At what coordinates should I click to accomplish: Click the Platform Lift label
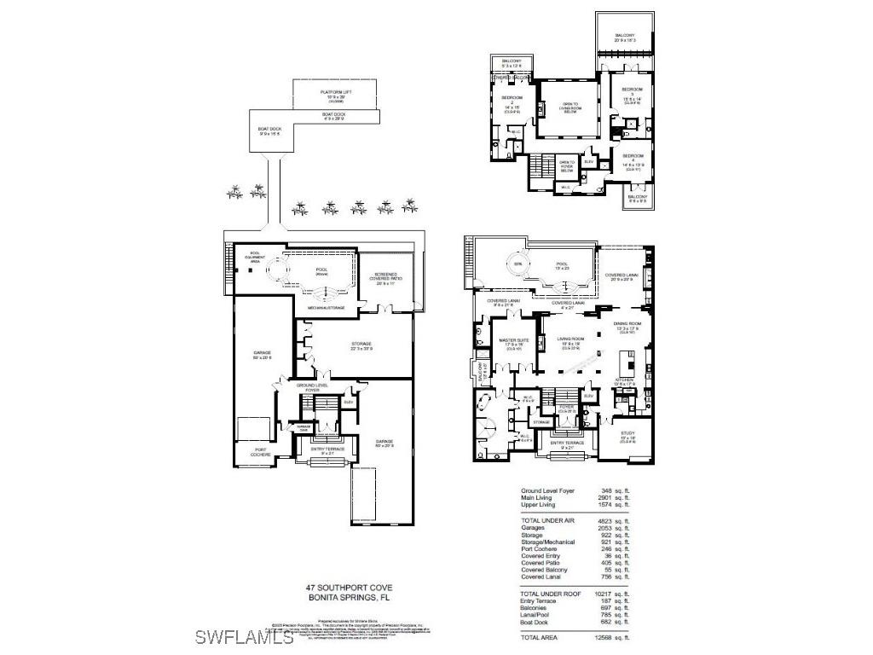(336, 94)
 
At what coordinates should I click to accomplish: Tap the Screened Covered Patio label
(383, 278)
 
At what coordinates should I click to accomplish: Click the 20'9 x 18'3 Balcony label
(626, 38)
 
